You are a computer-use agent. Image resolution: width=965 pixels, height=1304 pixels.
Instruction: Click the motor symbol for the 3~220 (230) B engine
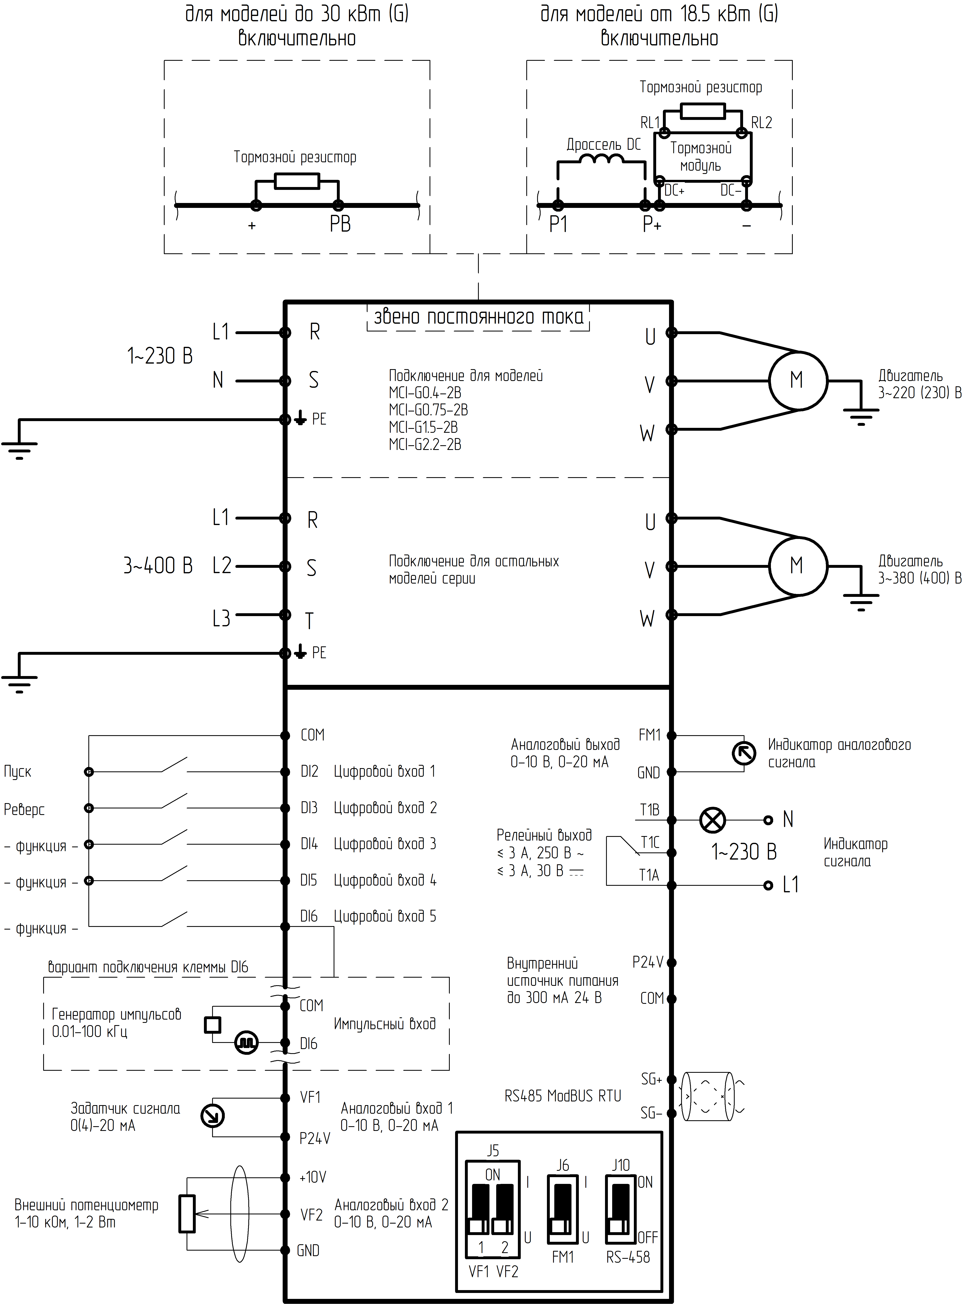tap(797, 380)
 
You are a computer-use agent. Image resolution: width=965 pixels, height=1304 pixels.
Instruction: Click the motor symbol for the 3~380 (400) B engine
tap(797, 566)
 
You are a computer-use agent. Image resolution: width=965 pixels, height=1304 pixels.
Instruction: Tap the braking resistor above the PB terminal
tap(297, 180)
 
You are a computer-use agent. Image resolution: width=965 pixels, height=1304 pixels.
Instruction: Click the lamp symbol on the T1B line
tap(712, 820)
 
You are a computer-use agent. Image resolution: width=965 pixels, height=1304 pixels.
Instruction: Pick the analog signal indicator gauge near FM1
tap(744, 754)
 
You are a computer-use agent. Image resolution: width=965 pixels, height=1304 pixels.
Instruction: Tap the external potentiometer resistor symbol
tap(187, 1214)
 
